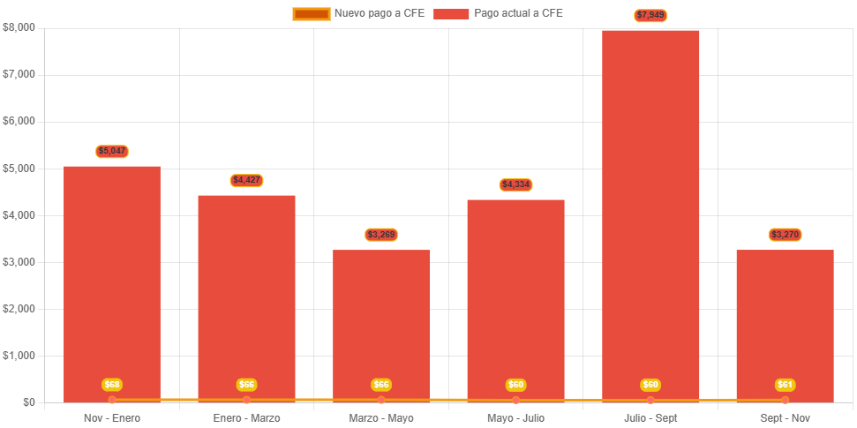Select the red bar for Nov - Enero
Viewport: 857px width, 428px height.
pos(112,282)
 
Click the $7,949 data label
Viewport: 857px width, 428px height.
pos(650,15)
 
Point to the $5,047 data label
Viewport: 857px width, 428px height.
pos(112,151)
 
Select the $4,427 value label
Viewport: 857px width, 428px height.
pos(246,180)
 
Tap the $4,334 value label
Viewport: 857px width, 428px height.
pos(515,184)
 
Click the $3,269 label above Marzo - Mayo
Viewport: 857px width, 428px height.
pos(381,235)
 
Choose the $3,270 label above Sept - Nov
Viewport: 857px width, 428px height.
pos(785,235)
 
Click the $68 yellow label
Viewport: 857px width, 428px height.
pos(112,385)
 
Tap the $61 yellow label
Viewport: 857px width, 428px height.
pos(785,385)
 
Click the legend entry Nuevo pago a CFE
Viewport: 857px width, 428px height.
pos(359,13)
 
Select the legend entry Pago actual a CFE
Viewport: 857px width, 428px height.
pos(499,13)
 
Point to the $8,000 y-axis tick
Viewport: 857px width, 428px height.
pos(19,27)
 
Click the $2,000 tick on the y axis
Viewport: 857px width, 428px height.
pos(19,309)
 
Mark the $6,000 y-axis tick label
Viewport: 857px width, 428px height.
pos(19,121)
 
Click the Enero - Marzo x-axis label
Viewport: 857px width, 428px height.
pos(246,417)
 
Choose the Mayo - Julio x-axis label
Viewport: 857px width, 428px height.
pos(515,417)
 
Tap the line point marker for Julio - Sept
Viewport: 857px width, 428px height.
pos(650,401)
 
